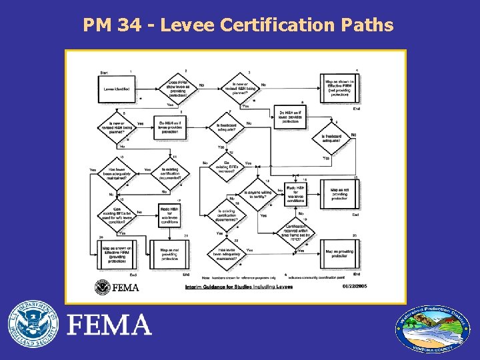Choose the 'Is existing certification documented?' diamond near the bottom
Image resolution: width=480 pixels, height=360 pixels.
(x=229, y=216)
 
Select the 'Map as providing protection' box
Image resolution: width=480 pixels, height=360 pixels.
(x=341, y=253)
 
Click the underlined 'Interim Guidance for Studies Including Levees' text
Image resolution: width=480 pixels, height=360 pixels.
(x=229, y=287)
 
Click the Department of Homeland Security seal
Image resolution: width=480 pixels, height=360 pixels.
(x=33, y=326)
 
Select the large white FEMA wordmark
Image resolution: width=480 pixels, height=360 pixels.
(x=110, y=326)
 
